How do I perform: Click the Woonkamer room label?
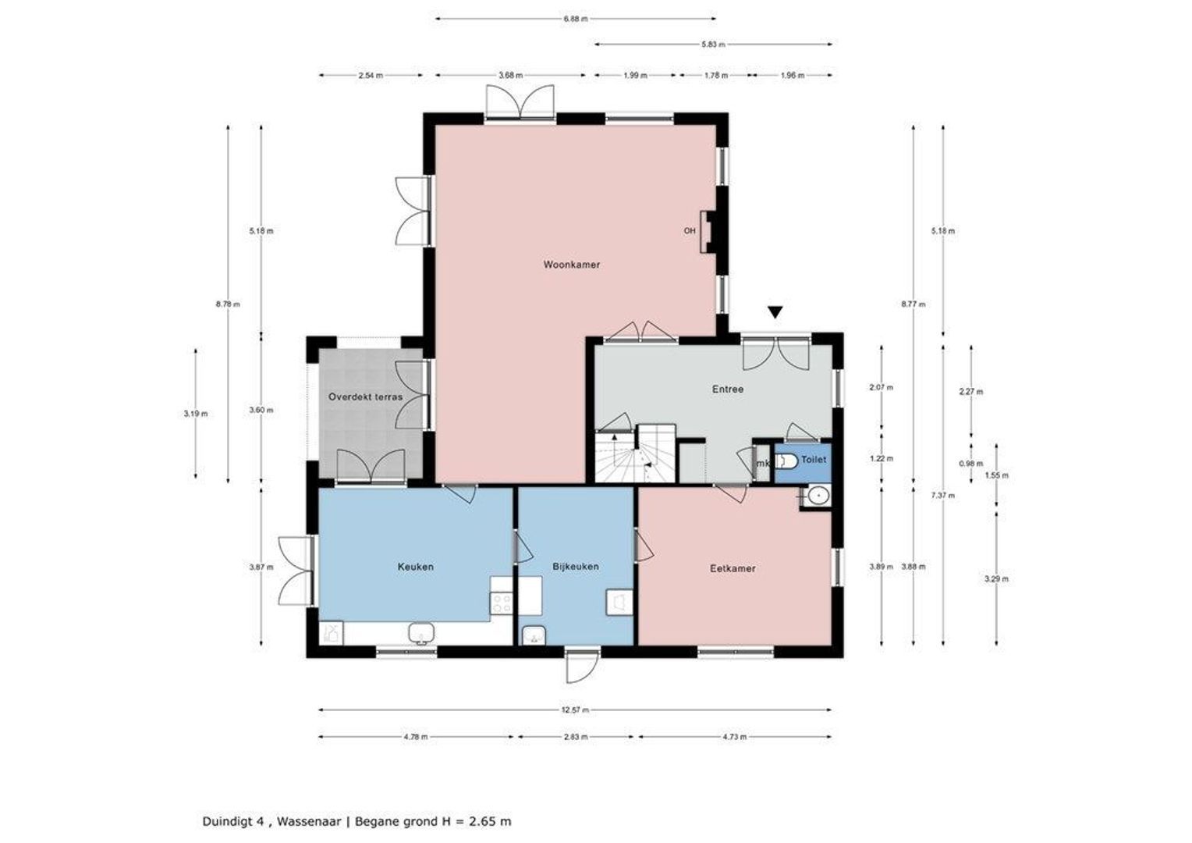click(572, 264)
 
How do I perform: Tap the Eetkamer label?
click(733, 568)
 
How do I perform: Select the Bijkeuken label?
click(576, 566)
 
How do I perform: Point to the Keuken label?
click(416, 567)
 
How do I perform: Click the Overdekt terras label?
click(366, 397)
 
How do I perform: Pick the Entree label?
click(728, 389)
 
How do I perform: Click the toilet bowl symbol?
click(786, 461)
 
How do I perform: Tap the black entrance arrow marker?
click(775, 312)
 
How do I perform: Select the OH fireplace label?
click(690, 231)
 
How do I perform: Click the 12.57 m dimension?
click(575, 710)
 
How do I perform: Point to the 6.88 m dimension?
click(576, 19)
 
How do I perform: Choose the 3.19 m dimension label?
click(196, 414)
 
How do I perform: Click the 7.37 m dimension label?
click(943, 495)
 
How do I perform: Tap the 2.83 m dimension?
click(576, 737)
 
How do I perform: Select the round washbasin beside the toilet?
click(817, 496)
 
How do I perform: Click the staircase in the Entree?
click(635, 455)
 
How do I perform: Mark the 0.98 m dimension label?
click(971, 464)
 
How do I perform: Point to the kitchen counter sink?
click(421, 634)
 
